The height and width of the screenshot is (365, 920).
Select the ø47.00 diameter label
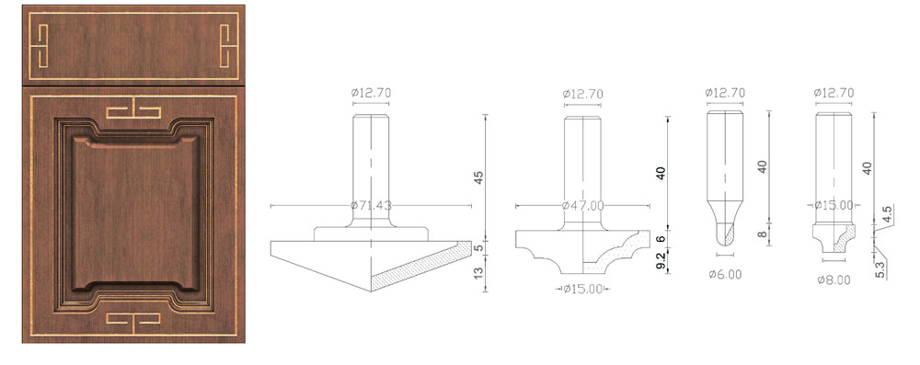(582, 206)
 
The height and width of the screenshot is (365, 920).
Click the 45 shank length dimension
(477, 177)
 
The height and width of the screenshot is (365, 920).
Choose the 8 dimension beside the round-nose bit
(763, 234)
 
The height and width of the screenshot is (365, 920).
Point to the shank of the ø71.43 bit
(374, 165)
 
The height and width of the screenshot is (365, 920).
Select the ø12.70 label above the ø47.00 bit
(582, 94)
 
